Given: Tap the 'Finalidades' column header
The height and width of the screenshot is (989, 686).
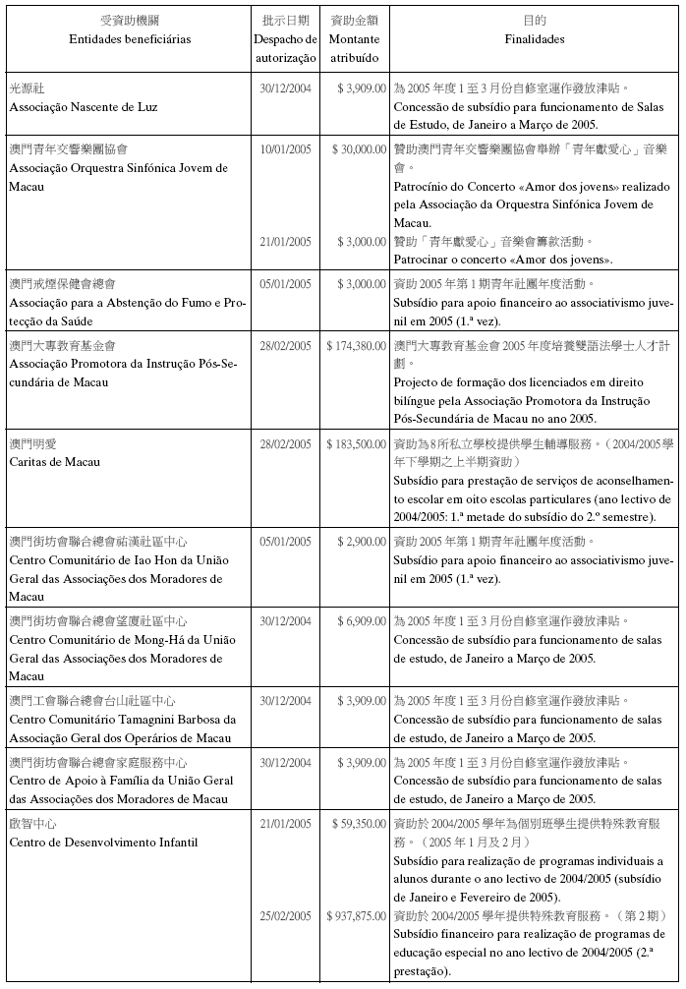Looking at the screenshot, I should [x=534, y=39].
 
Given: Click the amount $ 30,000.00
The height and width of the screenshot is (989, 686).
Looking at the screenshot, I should [x=358, y=149].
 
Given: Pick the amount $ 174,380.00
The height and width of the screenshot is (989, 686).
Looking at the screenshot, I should [x=355, y=346].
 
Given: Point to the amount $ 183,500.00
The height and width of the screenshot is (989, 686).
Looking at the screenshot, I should [x=355, y=444].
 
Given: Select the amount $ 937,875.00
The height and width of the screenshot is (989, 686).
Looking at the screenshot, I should [x=355, y=916].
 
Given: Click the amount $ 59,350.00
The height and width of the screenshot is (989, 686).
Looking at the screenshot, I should [x=358, y=822].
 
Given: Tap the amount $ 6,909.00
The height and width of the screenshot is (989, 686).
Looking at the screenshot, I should [x=362, y=621].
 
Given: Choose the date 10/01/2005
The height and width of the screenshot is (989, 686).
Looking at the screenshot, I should [x=285, y=149].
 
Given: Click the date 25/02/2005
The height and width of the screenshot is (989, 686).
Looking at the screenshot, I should [x=285, y=916].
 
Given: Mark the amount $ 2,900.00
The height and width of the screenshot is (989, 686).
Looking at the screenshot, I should [x=362, y=542].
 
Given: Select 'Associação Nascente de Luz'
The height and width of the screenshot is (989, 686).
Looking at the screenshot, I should [x=83, y=106].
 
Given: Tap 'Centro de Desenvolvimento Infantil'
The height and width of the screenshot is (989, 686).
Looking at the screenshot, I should [x=103, y=842].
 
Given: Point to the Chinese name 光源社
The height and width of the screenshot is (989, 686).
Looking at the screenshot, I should [x=27, y=88].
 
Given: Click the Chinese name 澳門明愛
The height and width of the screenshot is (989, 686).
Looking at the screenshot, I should [x=33, y=444].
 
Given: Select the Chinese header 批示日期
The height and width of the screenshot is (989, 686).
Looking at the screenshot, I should [x=285, y=20].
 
